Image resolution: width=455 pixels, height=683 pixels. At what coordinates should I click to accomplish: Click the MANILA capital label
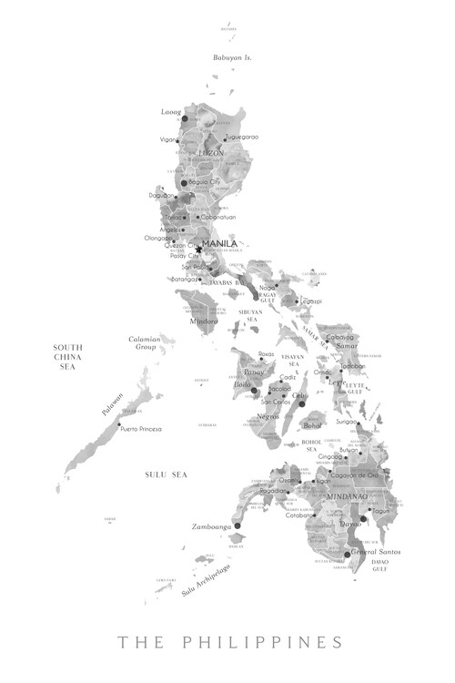(220, 244)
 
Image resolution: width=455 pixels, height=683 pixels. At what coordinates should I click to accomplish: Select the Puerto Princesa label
(141, 428)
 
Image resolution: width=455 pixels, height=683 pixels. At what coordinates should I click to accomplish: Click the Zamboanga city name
(212, 526)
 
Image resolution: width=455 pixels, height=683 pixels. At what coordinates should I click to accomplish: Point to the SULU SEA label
(166, 474)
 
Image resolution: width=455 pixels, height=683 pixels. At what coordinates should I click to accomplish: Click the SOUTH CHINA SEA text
(68, 356)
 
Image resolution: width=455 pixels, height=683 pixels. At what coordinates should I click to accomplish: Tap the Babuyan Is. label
(232, 57)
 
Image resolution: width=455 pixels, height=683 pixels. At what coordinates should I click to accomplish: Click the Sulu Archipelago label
(205, 580)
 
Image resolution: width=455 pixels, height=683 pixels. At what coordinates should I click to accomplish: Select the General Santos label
(377, 553)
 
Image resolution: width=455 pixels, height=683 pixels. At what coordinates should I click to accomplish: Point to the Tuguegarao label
(241, 137)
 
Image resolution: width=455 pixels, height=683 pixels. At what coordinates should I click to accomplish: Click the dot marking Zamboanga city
(238, 525)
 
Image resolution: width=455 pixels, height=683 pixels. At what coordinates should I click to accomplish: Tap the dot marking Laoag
(184, 118)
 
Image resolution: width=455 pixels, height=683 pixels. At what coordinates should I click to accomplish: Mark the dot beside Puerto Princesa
(119, 424)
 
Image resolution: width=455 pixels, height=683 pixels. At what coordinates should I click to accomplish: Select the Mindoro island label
(204, 321)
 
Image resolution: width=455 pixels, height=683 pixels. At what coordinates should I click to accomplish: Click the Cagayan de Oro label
(354, 474)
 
